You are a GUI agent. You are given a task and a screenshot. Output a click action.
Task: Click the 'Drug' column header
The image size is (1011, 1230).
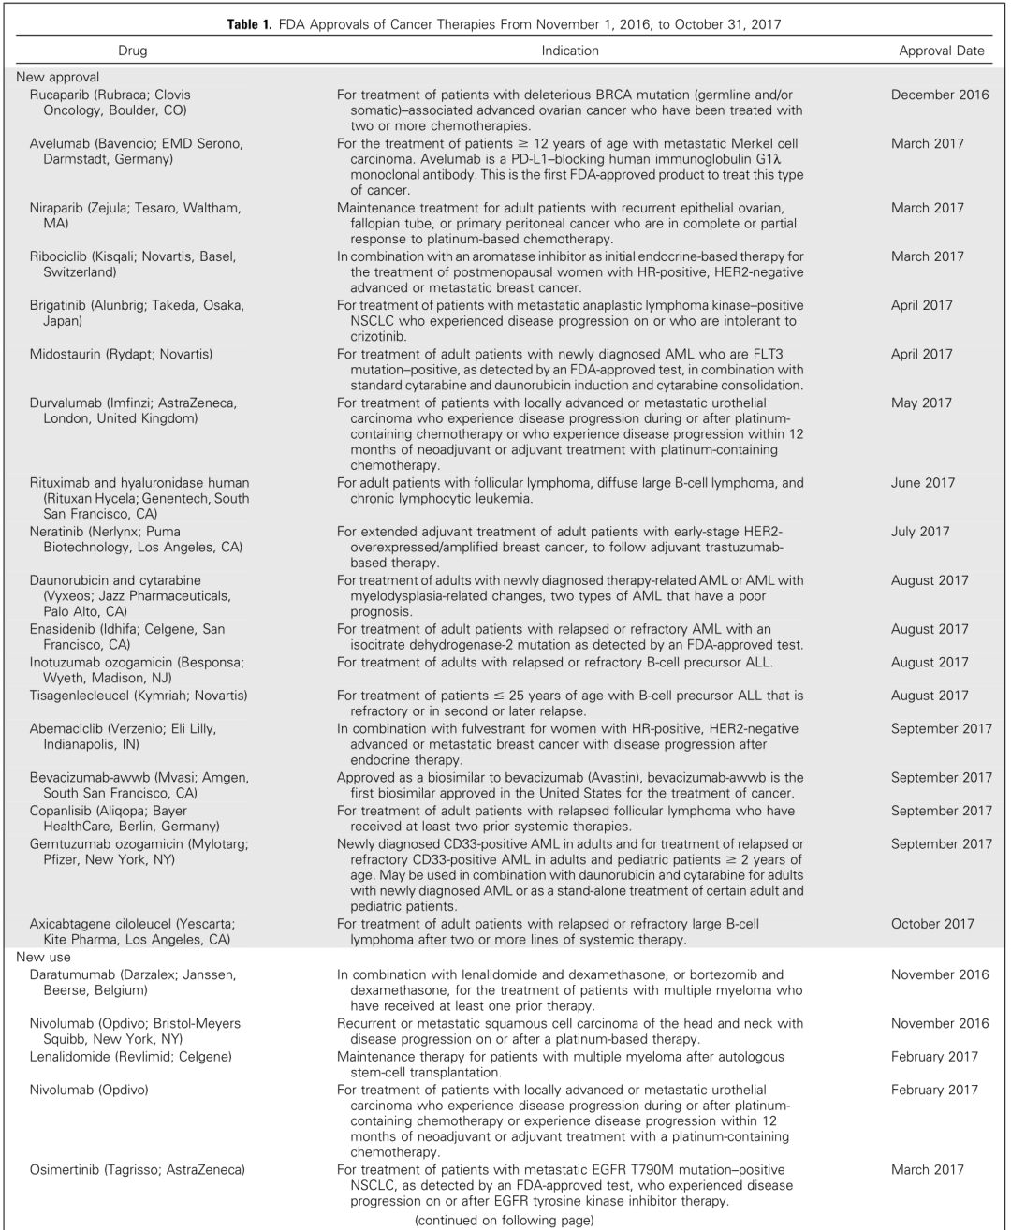coord(132,51)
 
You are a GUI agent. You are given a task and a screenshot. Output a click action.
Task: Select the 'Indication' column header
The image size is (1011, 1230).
coord(570,51)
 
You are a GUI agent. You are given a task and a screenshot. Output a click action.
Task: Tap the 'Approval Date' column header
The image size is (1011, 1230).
coord(941,51)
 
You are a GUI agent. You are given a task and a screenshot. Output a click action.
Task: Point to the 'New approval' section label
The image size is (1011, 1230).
coord(58,78)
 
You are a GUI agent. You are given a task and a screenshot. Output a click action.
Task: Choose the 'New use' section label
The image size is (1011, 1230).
coord(43,958)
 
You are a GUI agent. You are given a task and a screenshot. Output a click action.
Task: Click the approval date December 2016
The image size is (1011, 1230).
coord(939,95)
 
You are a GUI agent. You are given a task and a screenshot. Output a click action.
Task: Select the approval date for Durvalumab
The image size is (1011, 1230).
coord(922,403)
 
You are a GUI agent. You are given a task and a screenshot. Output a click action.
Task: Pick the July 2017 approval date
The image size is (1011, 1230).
coord(920,532)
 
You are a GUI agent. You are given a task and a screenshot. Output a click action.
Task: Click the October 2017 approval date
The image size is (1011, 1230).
coord(932,924)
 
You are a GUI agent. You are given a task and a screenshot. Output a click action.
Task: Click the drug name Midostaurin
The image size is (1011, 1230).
coord(65,354)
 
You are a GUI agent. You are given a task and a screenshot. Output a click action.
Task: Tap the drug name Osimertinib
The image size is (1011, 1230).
coord(64,1169)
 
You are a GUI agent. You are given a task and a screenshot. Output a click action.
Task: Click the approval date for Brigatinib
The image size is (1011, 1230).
coord(922,305)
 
